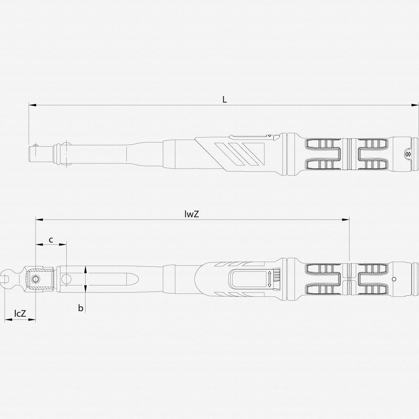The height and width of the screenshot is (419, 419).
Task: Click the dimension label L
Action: pos(225,100)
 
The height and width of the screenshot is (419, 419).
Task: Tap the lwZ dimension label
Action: pos(192,214)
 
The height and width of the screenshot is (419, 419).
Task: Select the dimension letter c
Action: pos(51,240)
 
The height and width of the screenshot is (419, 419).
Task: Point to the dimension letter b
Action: pos(81,308)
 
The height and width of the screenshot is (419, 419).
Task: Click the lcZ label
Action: pos(20,313)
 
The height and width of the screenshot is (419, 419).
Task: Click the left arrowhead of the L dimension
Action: pos(32,105)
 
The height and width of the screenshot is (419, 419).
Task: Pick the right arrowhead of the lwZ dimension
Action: pos(346,220)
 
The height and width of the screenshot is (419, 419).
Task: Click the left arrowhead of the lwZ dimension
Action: pos(39,220)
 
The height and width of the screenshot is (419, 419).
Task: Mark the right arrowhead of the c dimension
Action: pos(63,245)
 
